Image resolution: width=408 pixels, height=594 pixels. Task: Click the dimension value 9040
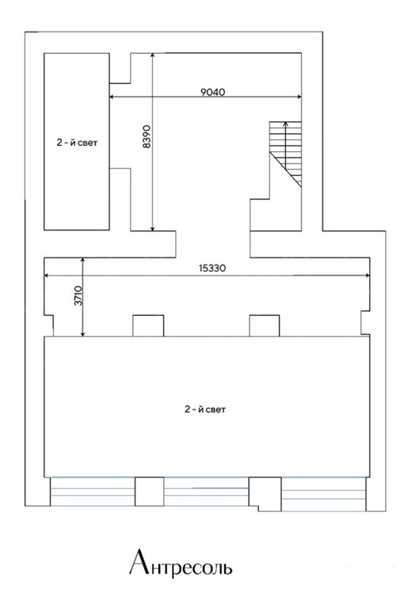tap(213, 92)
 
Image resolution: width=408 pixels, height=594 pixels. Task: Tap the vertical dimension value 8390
tap(147, 136)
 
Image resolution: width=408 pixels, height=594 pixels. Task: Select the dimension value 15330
tap(212, 268)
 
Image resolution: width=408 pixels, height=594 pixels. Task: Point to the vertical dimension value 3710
tap(78, 296)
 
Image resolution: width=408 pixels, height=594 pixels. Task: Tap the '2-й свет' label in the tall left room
tap(77, 143)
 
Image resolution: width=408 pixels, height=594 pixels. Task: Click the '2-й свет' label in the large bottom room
tap(205, 409)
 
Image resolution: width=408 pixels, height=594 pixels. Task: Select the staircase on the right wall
tap(286, 154)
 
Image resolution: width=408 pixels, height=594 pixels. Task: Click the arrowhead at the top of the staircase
tap(286, 124)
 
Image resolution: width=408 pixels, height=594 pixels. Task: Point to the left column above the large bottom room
tap(148, 326)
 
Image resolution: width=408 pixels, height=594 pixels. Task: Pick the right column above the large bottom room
tap(265, 326)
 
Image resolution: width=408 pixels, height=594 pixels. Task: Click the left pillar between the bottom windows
tap(150, 491)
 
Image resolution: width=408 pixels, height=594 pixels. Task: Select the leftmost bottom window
tap(93, 491)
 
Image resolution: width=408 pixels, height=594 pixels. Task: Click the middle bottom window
tap(206, 491)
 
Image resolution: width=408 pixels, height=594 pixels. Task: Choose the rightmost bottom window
tap(323, 494)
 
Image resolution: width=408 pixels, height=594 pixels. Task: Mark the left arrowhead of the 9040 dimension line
tap(112, 97)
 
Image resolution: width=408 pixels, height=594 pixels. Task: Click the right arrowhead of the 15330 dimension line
tap(367, 276)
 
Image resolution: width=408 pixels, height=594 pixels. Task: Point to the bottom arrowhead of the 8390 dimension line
tap(152, 228)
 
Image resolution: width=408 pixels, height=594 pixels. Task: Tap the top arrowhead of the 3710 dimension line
tap(82, 260)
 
